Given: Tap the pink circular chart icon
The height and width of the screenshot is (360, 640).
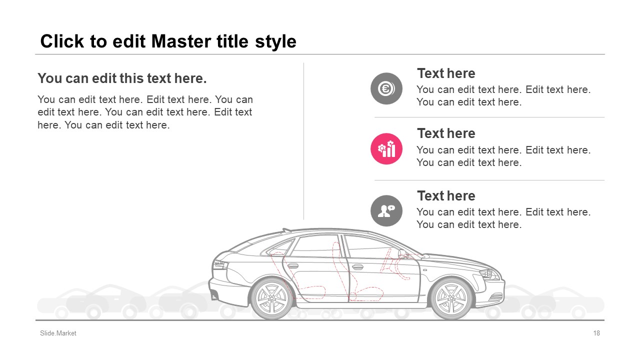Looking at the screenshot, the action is pos(386,149).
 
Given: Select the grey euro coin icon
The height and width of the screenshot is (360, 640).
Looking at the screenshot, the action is pos(386,88).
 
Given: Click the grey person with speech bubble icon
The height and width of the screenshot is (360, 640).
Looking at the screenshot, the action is pos(386,211).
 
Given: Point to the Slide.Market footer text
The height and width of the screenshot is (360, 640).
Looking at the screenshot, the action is pos(58,333).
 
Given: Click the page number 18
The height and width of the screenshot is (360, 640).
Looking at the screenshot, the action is pos(596,333).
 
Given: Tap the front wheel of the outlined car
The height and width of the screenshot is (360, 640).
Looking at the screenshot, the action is pos(451,298).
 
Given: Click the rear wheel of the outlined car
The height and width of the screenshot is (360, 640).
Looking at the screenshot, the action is pos(271,298).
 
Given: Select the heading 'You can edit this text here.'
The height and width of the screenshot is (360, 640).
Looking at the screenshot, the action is pos(122,78).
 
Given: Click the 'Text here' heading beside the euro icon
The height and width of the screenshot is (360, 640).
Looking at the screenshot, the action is pos(446,73).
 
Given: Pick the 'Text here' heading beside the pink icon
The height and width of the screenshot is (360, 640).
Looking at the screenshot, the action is pos(446,133).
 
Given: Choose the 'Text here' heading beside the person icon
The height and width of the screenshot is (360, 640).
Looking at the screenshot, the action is pos(446,196).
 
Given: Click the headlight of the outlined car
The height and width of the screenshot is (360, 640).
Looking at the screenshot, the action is pos(489,274).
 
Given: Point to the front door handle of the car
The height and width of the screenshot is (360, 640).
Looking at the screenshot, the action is pos(357,267).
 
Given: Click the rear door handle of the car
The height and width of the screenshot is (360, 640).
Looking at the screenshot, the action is pos(292,266).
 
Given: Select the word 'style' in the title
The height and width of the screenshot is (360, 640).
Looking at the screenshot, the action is pos(275,42).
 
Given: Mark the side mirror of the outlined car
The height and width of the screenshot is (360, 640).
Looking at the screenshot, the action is pos(403,253).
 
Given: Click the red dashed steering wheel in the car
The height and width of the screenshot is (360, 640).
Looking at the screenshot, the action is pos(385,260).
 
